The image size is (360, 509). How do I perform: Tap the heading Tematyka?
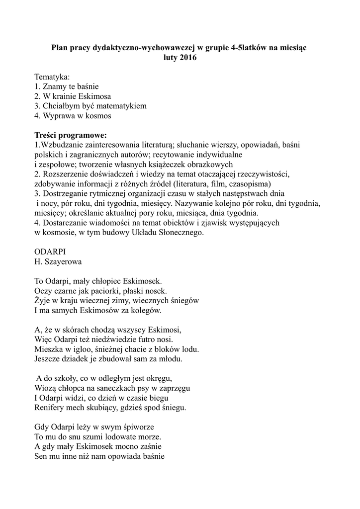(52, 77)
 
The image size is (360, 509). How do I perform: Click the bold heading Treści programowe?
(71, 135)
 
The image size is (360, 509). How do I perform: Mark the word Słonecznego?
(179, 232)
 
